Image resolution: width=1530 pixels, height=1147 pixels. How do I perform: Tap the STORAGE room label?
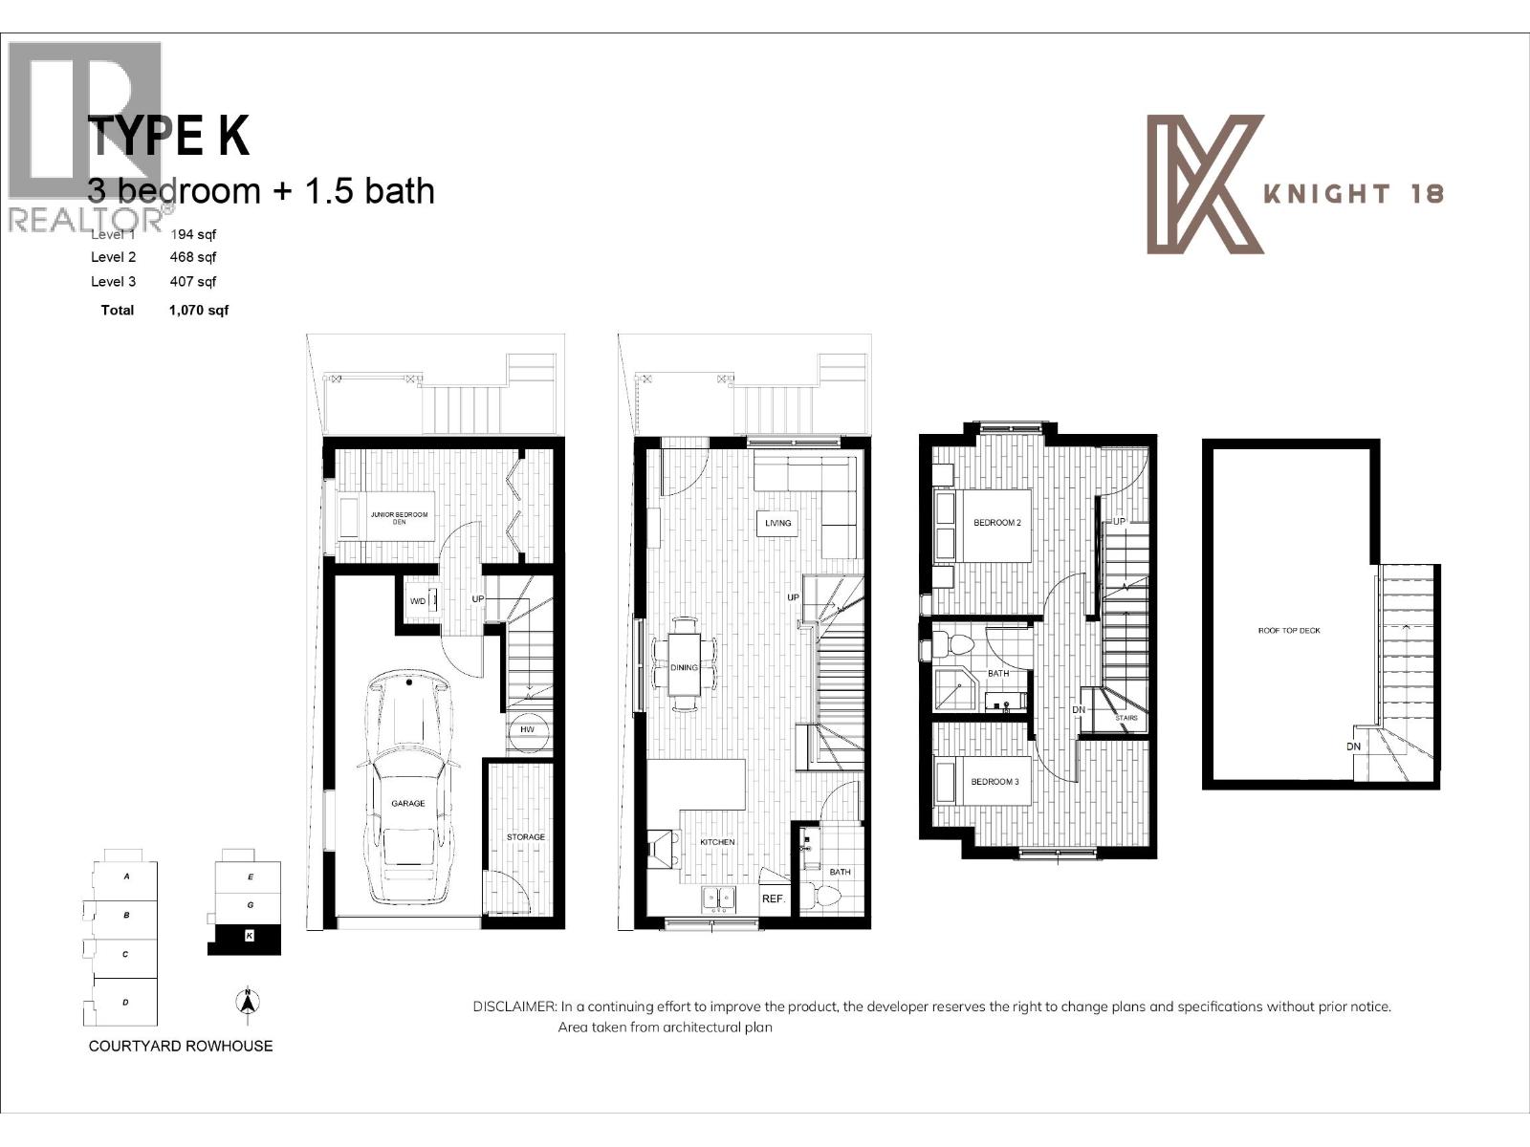tap(525, 837)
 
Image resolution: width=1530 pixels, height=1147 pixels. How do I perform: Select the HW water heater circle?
tap(527, 729)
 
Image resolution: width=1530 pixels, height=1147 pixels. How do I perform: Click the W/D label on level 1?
tap(418, 601)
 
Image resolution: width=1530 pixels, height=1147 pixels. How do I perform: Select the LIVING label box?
tap(777, 523)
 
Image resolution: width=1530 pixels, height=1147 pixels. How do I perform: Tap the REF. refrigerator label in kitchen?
tap(773, 899)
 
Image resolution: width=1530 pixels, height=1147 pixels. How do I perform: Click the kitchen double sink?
tap(718, 898)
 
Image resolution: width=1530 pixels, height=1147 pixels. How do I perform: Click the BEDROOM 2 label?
tap(997, 523)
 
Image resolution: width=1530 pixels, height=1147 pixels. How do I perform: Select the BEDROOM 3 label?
tap(994, 782)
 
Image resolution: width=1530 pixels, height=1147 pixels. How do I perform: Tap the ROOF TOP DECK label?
tap(1288, 631)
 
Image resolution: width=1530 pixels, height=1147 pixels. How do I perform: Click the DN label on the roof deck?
tap(1354, 747)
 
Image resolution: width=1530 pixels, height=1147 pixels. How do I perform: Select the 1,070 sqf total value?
tap(198, 310)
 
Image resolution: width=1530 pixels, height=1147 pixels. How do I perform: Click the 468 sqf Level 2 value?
tap(193, 257)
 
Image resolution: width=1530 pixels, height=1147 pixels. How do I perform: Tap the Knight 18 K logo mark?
tap(1205, 184)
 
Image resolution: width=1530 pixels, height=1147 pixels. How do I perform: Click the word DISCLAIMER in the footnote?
tap(514, 1006)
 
